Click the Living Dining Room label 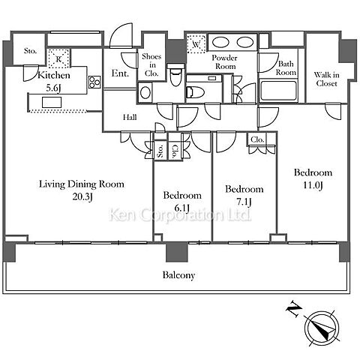click(82, 184)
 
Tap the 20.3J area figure click(82, 197)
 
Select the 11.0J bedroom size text click(313, 185)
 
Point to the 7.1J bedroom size click(244, 202)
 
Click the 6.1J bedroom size click(182, 208)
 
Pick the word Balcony click(178, 275)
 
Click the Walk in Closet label click(326, 79)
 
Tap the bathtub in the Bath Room click(278, 90)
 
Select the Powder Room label click(225, 62)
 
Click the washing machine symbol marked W click(196, 43)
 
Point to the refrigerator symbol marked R click(58, 58)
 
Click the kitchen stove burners click(94, 82)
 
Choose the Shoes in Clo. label click(151, 64)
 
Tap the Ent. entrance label click(120, 73)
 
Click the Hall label click(130, 117)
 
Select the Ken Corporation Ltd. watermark click(180, 215)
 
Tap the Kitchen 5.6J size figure click(53, 88)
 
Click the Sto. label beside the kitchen click(30, 51)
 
